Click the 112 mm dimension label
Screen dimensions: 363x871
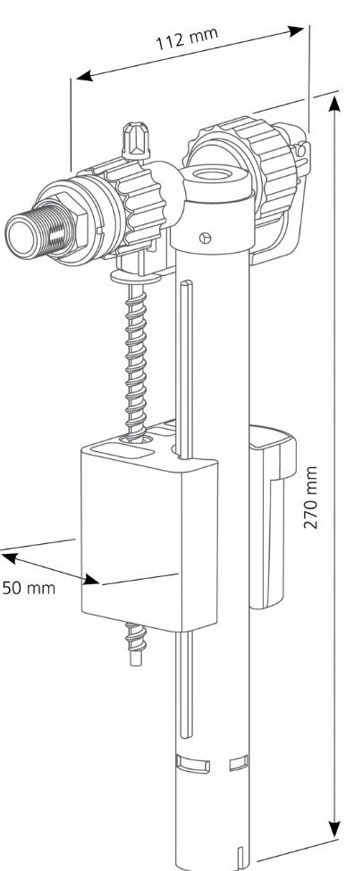pos(187,39)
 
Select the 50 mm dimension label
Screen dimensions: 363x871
pos(29,588)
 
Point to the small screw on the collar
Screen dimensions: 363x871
pos(205,239)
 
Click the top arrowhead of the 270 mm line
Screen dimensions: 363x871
pos(334,105)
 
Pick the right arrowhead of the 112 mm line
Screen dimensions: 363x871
pos(295,31)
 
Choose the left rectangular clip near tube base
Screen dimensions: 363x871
pos(193,763)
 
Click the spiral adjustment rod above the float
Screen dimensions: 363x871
pos(136,360)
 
